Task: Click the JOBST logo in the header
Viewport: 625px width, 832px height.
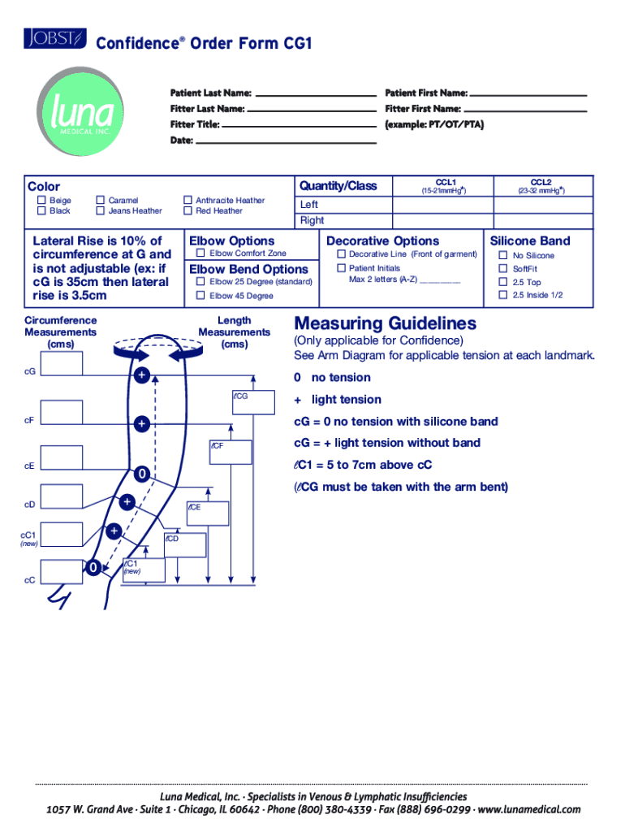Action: click(x=54, y=37)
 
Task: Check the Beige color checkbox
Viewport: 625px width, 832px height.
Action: click(x=41, y=200)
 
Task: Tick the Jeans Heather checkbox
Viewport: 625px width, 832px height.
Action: click(x=100, y=211)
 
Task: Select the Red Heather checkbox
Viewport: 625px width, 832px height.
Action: click(x=187, y=211)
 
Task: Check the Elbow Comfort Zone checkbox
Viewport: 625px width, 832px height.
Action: click(x=200, y=253)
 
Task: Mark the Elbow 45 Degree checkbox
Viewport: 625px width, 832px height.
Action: click(x=200, y=296)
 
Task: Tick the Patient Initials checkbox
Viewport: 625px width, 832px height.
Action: click(x=341, y=268)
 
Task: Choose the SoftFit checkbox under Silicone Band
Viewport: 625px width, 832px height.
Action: click(x=502, y=269)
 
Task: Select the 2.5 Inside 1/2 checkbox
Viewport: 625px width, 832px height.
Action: click(x=502, y=295)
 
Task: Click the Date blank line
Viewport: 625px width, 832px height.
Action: click(x=286, y=143)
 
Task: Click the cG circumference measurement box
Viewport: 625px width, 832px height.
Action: click(x=62, y=365)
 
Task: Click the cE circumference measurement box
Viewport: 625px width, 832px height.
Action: click(x=62, y=458)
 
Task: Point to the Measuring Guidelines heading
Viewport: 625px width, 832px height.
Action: click(x=385, y=323)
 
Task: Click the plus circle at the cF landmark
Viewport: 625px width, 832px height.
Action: click(x=141, y=424)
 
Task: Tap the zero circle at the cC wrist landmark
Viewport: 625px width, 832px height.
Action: click(x=95, y=567)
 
